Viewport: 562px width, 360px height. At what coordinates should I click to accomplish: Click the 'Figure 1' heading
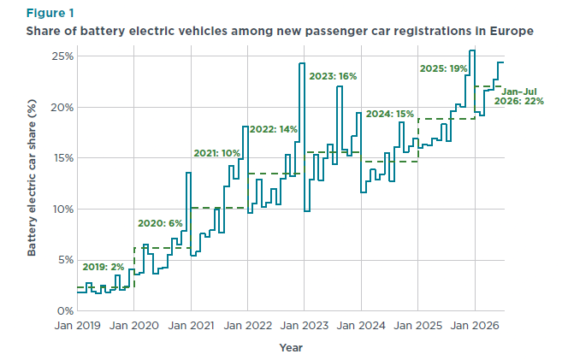[50, 13]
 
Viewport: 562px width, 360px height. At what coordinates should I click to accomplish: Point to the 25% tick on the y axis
[62, 56]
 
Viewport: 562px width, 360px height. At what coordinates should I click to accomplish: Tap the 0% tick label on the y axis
[66, 311]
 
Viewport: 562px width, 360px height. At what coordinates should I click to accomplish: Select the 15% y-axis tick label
[63, 158]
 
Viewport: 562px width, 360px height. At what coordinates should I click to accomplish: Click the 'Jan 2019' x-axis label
[78, 326]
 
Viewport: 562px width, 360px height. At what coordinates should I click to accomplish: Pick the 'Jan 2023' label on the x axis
[305, 326]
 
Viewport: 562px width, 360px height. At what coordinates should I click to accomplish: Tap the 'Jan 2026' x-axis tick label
[475, 326]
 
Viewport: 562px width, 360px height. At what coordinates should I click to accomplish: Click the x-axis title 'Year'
[291, 347]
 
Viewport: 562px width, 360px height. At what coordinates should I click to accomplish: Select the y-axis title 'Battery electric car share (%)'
[32, 178]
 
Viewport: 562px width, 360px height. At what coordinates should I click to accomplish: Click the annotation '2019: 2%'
[104, 267]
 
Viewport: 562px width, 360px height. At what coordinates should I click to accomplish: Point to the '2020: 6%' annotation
[160, 223]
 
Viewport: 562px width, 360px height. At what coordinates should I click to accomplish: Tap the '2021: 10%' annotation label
[216, 153]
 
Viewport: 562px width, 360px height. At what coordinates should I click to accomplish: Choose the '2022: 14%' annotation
[274, 129]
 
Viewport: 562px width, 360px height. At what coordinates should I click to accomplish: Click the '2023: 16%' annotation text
[333, 76]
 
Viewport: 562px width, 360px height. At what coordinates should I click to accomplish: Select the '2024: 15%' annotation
[390, 114]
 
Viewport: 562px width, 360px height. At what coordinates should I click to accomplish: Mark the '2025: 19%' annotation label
[444, 68]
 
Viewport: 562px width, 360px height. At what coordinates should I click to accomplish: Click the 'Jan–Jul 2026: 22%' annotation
[519, 97]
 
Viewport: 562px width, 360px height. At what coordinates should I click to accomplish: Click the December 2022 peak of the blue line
[302, 63]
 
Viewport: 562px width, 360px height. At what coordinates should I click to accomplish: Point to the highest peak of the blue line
[472, 50]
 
